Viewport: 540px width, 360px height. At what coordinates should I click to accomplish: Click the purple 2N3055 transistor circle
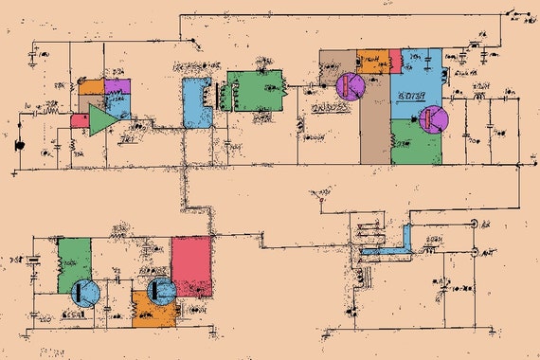pyautogui.click(x=351, y=87)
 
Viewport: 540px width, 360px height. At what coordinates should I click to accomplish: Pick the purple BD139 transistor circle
pyautogui.click(x=434, y=119)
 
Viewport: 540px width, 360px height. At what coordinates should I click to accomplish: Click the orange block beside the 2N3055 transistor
pyautogui.click(x=371, y=62)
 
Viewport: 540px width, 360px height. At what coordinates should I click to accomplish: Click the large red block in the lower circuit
pyautogui.click(x=190, y=266)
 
